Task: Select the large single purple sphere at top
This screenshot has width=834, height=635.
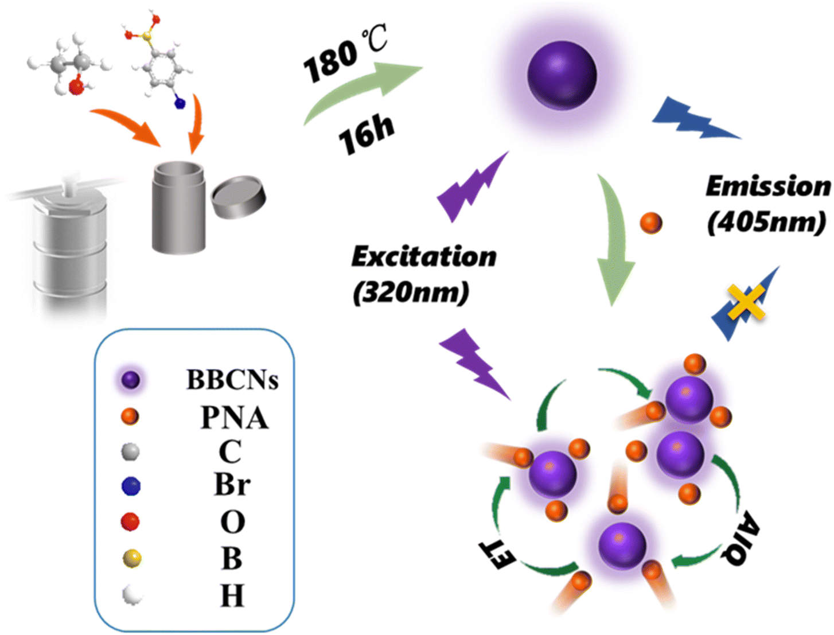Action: pos(562,75)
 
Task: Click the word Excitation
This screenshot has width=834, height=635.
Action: pos(424,256)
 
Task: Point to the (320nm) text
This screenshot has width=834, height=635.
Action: pos(411,293)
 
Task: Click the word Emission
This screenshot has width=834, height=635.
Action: pos(767,186)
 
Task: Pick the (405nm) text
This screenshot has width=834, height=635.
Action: pos(766,221)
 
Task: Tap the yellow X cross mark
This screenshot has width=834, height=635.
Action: pos(746,302)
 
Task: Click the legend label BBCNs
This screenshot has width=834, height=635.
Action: pos(232,380)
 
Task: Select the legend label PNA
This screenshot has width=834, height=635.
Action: pos(234,418)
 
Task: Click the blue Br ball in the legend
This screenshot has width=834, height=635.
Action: pos(131,486)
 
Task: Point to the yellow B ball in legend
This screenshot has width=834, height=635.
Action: pos(132,558)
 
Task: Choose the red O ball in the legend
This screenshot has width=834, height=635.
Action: pos(131,521)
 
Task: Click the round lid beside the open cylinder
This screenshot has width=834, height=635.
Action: pos(239,197)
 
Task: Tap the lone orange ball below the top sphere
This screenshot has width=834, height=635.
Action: pos(651,223)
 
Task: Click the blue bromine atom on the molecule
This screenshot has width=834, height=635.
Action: pos(180,104)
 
